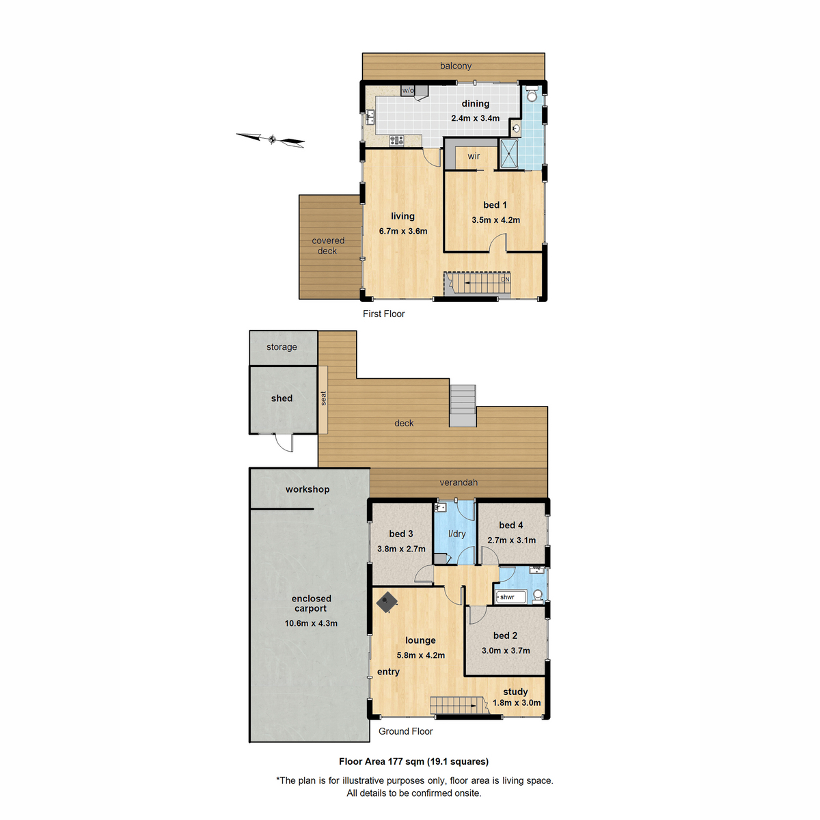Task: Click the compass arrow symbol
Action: [x=271, y=139]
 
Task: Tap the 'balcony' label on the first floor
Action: [x=456, y=66]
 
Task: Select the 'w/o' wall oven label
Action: [x=408, y=90]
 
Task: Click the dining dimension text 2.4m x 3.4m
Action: [x=475, y=118]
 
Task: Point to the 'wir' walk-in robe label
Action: [x=474, y=156]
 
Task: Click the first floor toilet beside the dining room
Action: [x=532, y=94]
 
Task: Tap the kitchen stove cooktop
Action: [x=396, y=140]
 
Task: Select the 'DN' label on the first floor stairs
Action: [x=505, y=279]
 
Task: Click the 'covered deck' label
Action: [x=328, y=246]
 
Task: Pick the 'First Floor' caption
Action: [x=383, y=314]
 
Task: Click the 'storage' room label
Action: [x=282, y=347]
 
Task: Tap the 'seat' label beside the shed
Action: [x=323, y=398]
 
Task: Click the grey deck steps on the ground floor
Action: [x=463, y=406]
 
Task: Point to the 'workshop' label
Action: [x=307, y=489]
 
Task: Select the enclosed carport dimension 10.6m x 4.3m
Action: [x=311, y=623]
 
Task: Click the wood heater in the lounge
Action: [x=387, y=602]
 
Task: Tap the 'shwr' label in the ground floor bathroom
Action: [x=507, y=597]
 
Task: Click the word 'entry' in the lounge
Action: [x=388, y=672]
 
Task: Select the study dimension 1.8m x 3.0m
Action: [x=517, y=702]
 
